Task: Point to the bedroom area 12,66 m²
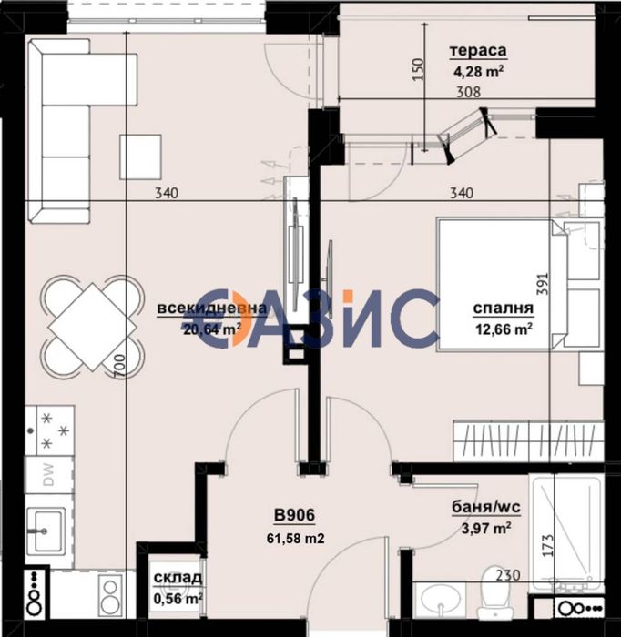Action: pos(503,329)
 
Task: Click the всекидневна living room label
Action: pos(212,309)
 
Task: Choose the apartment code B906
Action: pos(294,517)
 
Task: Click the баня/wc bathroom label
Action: pos(481,508)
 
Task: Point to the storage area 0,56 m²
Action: pos(178,598)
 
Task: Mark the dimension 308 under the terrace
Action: pos(469,91)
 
